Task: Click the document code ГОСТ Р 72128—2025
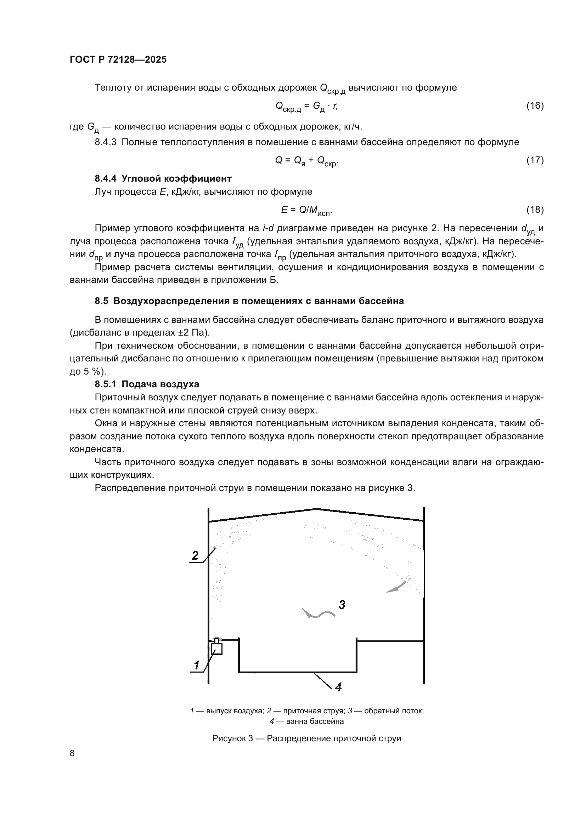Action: (118, 60)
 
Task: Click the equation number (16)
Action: (535, 105)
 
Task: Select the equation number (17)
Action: (535, 160)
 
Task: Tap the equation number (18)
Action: (535, 210)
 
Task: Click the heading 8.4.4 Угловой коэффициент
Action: (163, 178)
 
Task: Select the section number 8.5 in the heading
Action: (101, 301)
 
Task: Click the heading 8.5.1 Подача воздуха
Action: (147, 384)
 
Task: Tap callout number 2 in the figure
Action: (195, 555)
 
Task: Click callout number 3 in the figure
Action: (342, 604)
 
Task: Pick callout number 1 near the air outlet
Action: (197, 665)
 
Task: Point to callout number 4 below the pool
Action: (338, 687)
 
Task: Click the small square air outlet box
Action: (216, 649)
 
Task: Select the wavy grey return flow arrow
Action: (318, 613)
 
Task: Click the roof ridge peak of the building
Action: (316, 509)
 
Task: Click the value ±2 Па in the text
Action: (193, 332)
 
